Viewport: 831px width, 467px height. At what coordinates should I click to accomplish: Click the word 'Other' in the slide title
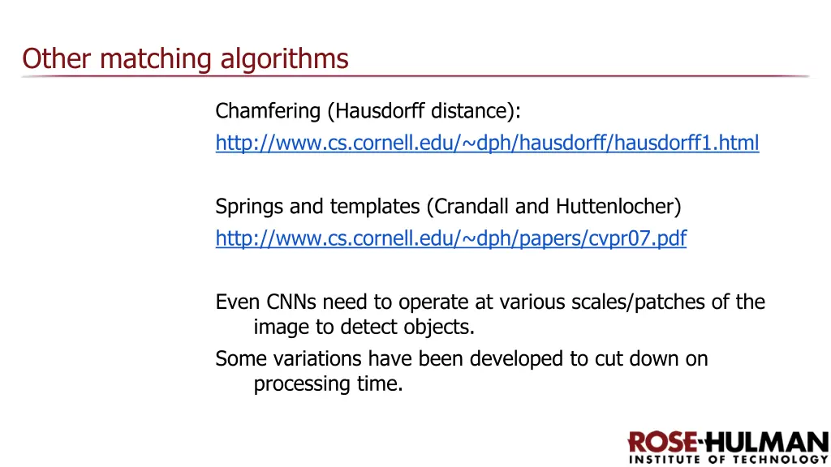[47, 58]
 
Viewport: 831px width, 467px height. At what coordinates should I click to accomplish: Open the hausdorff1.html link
[487, 144]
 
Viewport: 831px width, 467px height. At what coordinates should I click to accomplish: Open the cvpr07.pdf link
[450, 239]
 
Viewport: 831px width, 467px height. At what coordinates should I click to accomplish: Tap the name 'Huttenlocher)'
[618, 207]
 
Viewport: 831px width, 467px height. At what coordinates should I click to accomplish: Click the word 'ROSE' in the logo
[661, 443]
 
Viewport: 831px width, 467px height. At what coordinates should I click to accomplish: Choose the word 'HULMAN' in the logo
[765, 443]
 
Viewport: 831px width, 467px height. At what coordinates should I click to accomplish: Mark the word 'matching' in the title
[148, 59]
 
